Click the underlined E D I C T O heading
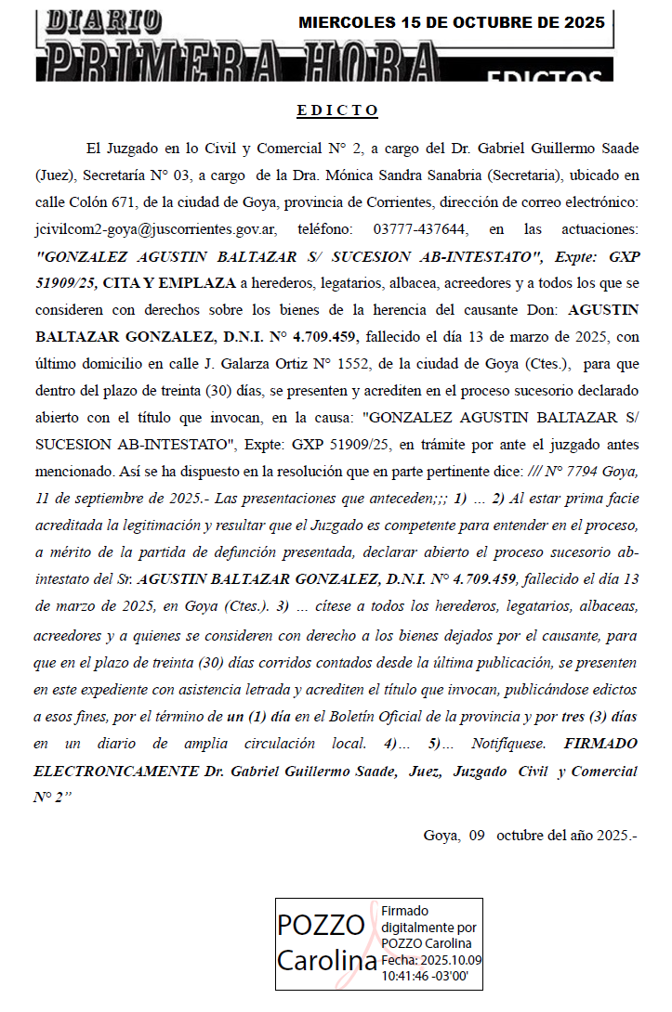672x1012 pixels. [337, 110]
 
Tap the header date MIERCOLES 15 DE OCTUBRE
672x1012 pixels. [451, 22]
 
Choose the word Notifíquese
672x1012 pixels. [502, 745]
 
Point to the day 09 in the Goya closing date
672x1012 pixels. [477, 835]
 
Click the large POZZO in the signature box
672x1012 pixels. [322, 926]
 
